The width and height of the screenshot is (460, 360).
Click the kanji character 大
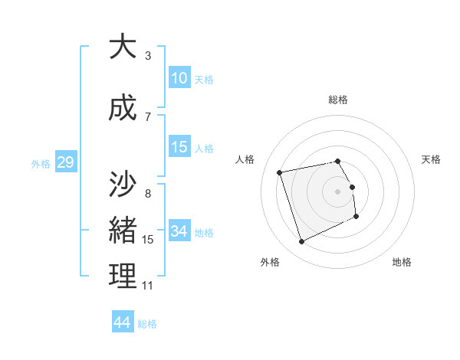click(123, 47)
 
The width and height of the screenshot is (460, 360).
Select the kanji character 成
click(123, 108)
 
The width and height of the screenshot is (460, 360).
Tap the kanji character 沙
click(123, 185)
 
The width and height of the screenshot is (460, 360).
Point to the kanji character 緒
click(123, 231)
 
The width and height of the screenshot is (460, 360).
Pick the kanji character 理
click(123, 277)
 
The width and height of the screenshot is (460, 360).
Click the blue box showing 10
click(179, 78)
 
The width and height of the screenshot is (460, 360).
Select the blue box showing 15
click(179, 147)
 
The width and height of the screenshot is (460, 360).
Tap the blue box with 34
click(179, 231)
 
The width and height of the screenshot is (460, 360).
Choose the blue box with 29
click(65, 162)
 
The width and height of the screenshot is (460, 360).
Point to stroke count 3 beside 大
click(148, 56)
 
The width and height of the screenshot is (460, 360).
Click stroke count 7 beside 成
click(148, 117)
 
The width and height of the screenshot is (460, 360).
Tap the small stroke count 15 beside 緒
click(148, 240)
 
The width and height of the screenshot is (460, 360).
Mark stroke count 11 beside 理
click(148, 286)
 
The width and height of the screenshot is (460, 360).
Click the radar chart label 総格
click(338, 100)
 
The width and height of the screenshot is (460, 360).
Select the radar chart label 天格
click(432, 159)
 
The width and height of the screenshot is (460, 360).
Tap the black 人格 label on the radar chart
click(245, 159)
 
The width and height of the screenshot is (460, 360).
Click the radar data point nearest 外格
click(301, 242)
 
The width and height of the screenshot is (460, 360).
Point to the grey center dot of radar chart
click(338, 191)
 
